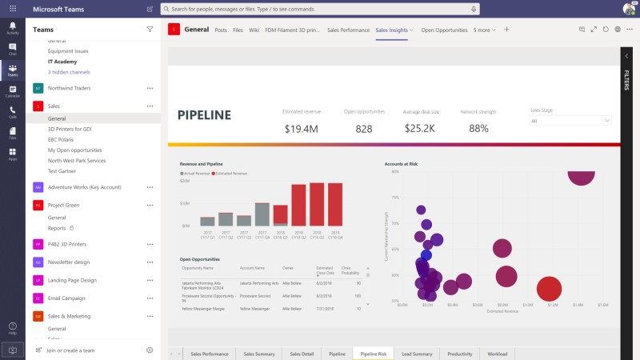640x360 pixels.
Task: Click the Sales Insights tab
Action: tap(392, 30)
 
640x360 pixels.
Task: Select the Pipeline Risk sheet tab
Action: tap(374, 354)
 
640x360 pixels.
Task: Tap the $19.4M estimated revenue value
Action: tap(301, 128)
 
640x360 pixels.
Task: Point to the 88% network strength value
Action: tap(478, 128)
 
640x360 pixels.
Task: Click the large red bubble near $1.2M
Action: tap(549, 290)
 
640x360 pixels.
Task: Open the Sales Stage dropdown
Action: tap(570, 121)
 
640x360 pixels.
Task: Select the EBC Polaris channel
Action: tap(61, 139)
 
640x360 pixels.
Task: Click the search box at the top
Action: tap(320, 9)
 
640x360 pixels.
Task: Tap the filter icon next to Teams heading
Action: tap(150, 29)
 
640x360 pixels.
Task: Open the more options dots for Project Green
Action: tap(150, 205)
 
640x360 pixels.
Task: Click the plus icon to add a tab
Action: tap(506, 30)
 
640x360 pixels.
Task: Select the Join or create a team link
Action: tap(70, 350)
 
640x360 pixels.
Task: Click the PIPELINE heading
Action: tap(204, 115)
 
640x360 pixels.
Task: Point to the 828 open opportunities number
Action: tap(364, 128)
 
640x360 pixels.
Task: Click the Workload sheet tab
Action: tap(497, 354)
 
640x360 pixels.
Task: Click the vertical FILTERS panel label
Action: tap(626, 80)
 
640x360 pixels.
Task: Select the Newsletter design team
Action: tap(69, 262)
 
